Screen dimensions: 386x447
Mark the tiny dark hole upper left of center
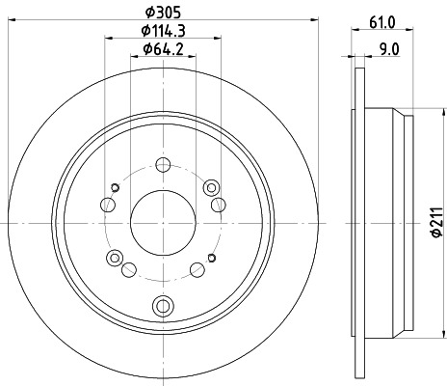(x=116, y=185)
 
